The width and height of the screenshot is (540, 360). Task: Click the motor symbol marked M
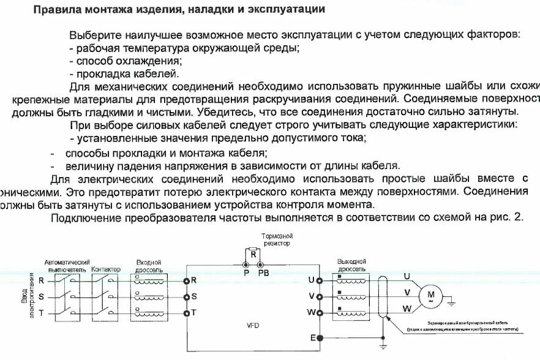pyautogui.click(x=425, y=297)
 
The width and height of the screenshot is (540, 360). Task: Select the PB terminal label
pyautogui.click(x=263, y=272)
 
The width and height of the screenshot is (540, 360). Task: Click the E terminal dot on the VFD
pyautogui.click(x=320, y=337)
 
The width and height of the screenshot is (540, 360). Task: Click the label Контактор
pyautogui.click(x=105, y=269)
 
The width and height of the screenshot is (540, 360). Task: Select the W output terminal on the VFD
pyautogui.click(x=320, y=312)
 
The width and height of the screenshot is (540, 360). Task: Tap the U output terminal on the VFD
pyautogui.click(x=320, y=280)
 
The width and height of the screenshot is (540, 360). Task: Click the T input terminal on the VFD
pyautogui.click(x=186, y=312)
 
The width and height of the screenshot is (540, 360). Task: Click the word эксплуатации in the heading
pyautogui.click(x=287, y=10)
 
